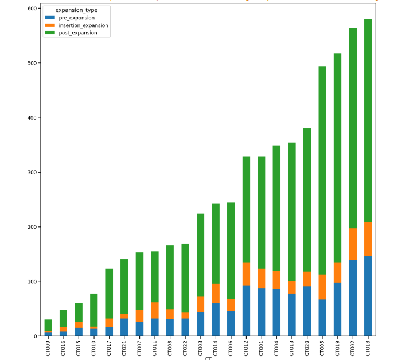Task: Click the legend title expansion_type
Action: [76, 10]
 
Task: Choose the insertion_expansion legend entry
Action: [83, 25]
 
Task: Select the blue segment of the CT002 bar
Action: [353, 298]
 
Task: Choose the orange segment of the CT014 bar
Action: [216, 293]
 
